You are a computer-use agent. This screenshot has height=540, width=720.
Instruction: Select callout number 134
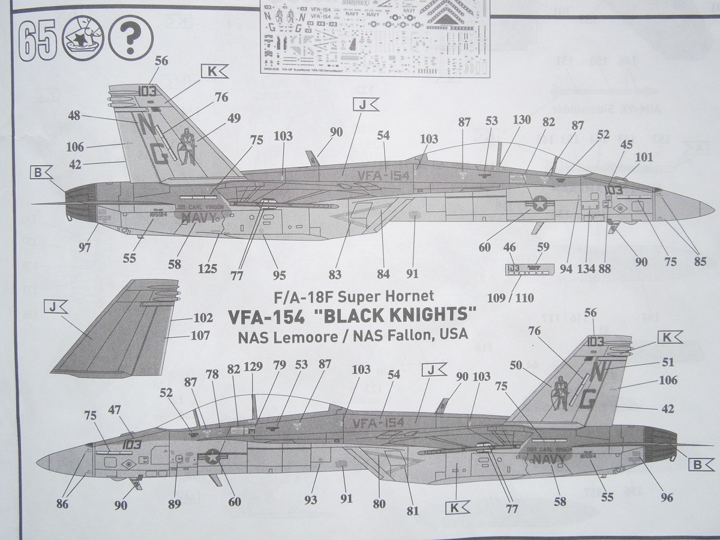click(587, 268)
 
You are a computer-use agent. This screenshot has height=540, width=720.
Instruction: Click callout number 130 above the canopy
click(521, 119)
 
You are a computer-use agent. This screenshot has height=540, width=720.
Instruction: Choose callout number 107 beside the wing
click(200, 335)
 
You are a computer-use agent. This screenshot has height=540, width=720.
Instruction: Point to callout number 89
click(174, 503)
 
